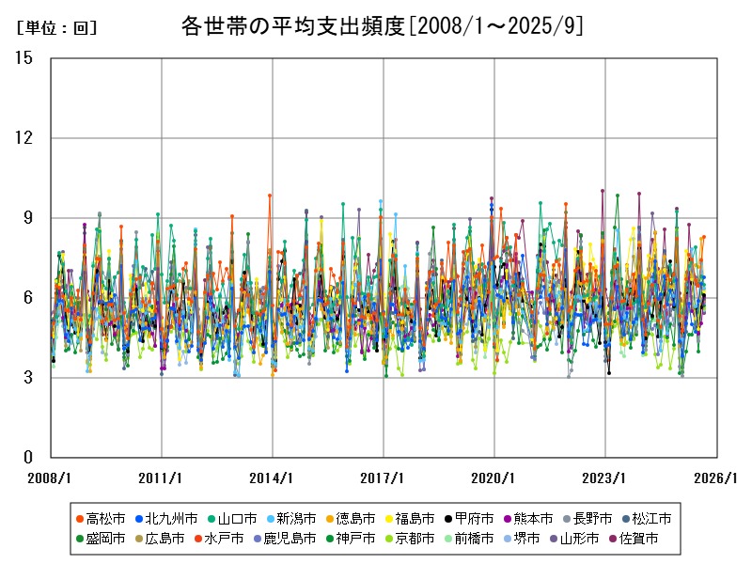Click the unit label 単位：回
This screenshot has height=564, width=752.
(57, 28)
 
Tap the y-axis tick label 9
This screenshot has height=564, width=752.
(28, 218)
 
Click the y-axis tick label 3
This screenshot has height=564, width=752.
(28, 378)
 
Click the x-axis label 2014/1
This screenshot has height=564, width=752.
(273, 478)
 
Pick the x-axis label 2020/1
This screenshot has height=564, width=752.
(494, 478)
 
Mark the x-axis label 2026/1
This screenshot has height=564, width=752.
(716, 478)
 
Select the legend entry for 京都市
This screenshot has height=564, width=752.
(415, 539)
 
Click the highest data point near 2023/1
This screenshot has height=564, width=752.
(603, 191)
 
